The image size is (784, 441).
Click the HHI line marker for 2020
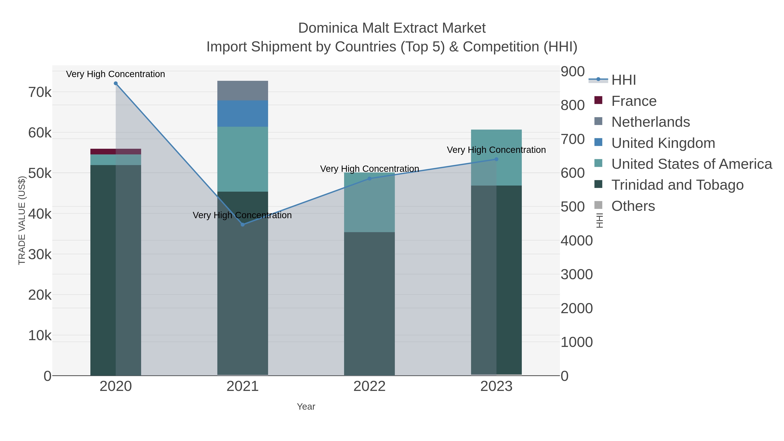pos(116,83)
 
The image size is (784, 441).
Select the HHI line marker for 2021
pos(243,225)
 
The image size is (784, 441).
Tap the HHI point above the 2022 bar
pos(370,179)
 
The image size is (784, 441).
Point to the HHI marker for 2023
pos(496,159)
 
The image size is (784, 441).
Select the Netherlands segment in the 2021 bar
pos(243,91)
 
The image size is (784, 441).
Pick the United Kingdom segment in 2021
pos(243,113)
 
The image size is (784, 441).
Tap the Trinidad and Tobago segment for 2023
pos(509,280)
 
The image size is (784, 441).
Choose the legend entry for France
pos(634,101)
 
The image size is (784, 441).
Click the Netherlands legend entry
pos(650,122)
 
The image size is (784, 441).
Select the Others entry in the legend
pos(633,206)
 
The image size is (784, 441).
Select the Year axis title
pos(306,407)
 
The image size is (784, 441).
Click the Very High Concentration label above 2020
pos(116,74)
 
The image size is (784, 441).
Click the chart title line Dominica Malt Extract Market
pos(392,28)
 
